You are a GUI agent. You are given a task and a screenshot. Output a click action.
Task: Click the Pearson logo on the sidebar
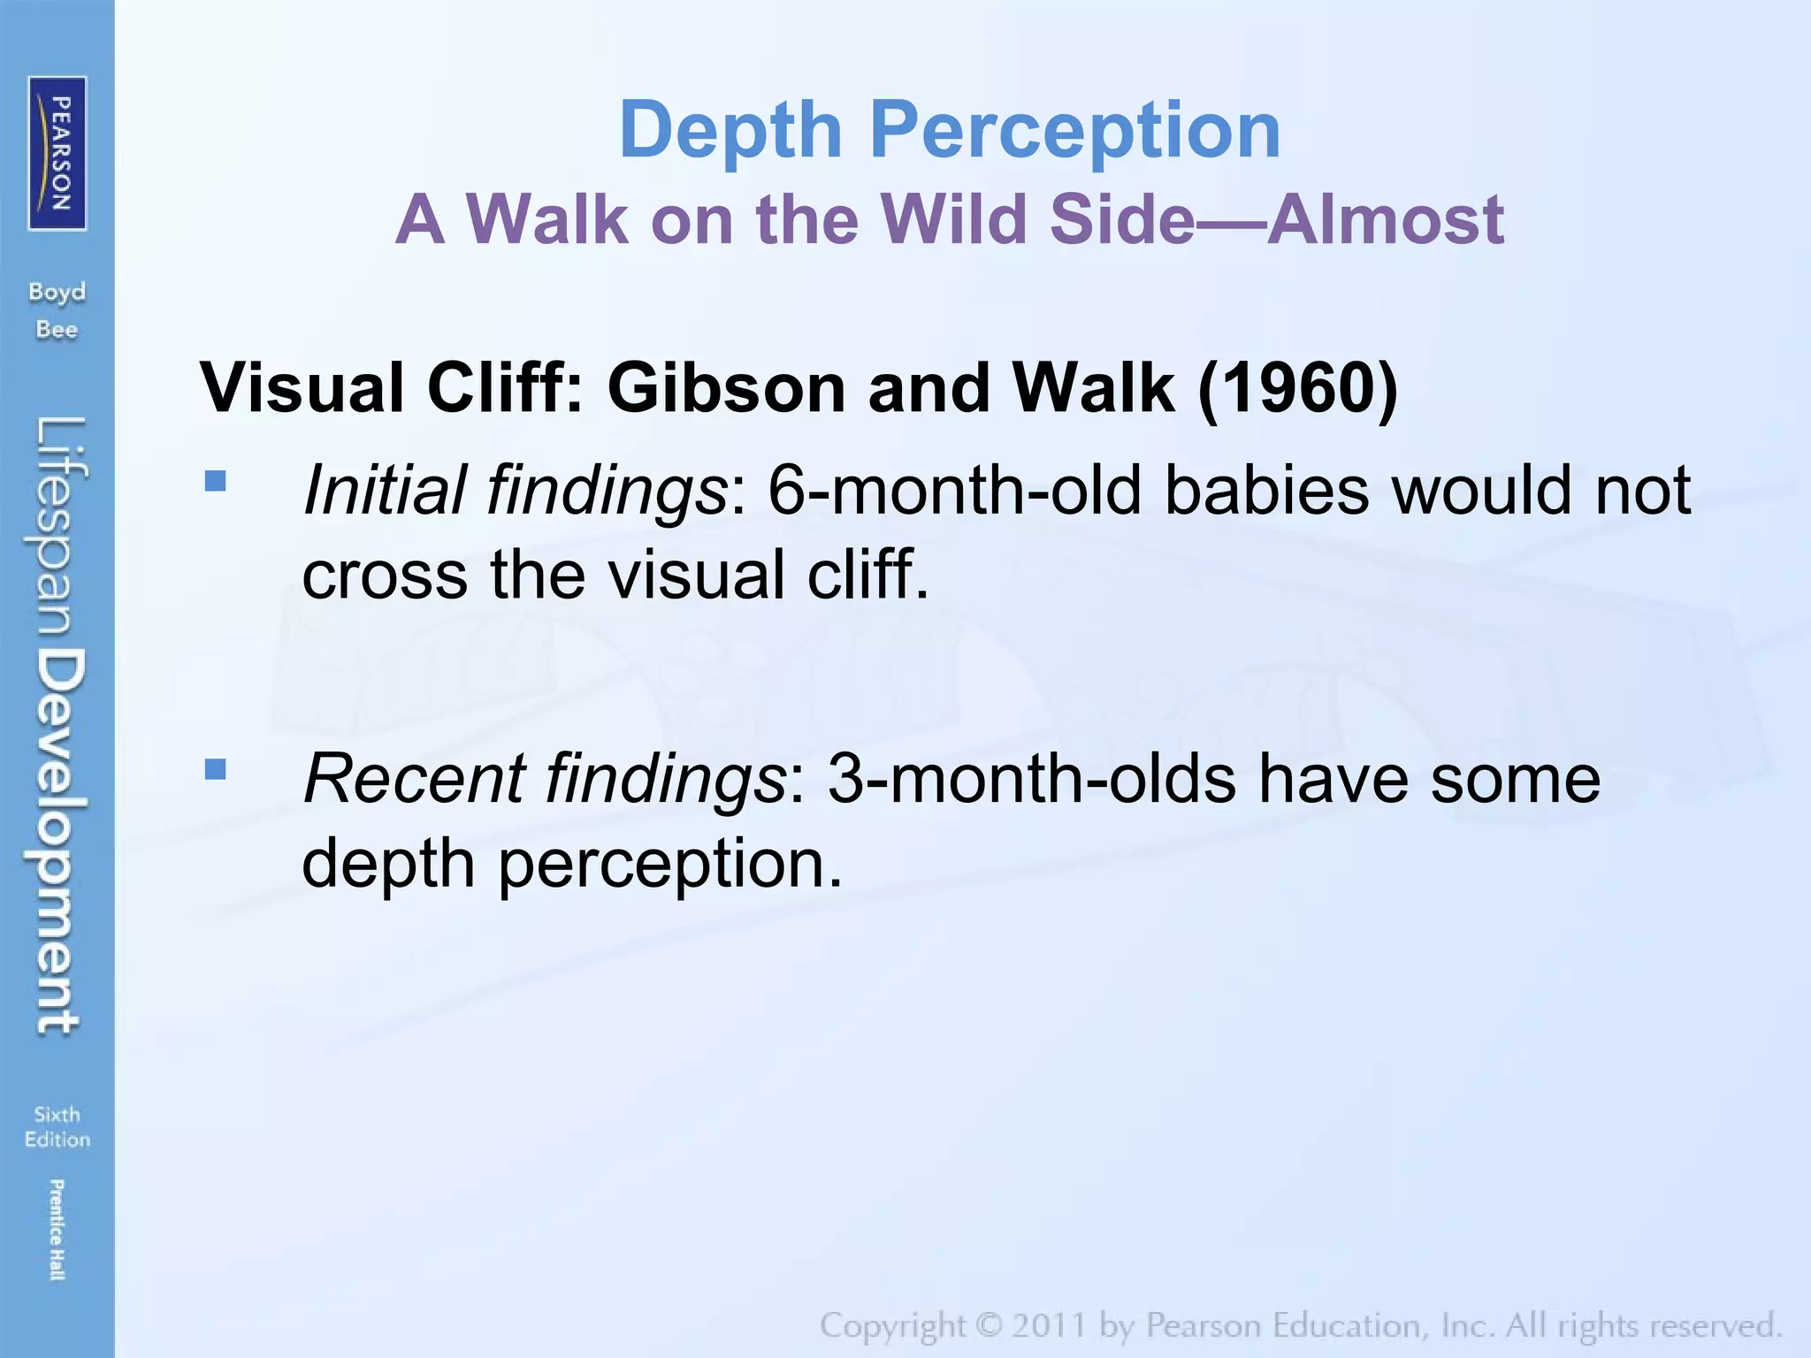57,153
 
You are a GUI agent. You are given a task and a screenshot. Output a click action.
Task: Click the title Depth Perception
950,130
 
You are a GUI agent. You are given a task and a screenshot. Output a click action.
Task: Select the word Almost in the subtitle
1386,219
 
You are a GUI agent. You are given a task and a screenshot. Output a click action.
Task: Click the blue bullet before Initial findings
215,482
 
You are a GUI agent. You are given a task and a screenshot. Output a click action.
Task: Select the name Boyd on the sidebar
57,292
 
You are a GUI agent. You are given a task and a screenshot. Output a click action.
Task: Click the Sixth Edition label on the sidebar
57,1126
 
